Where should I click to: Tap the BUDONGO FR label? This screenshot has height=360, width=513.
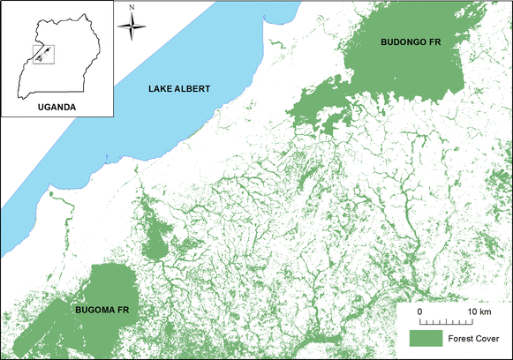coord(405,42)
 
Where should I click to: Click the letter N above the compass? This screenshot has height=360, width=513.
coord(133,9)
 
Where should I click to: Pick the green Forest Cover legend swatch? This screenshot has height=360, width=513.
coord(424,337)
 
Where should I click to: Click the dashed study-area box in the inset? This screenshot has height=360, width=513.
coord(41,54)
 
